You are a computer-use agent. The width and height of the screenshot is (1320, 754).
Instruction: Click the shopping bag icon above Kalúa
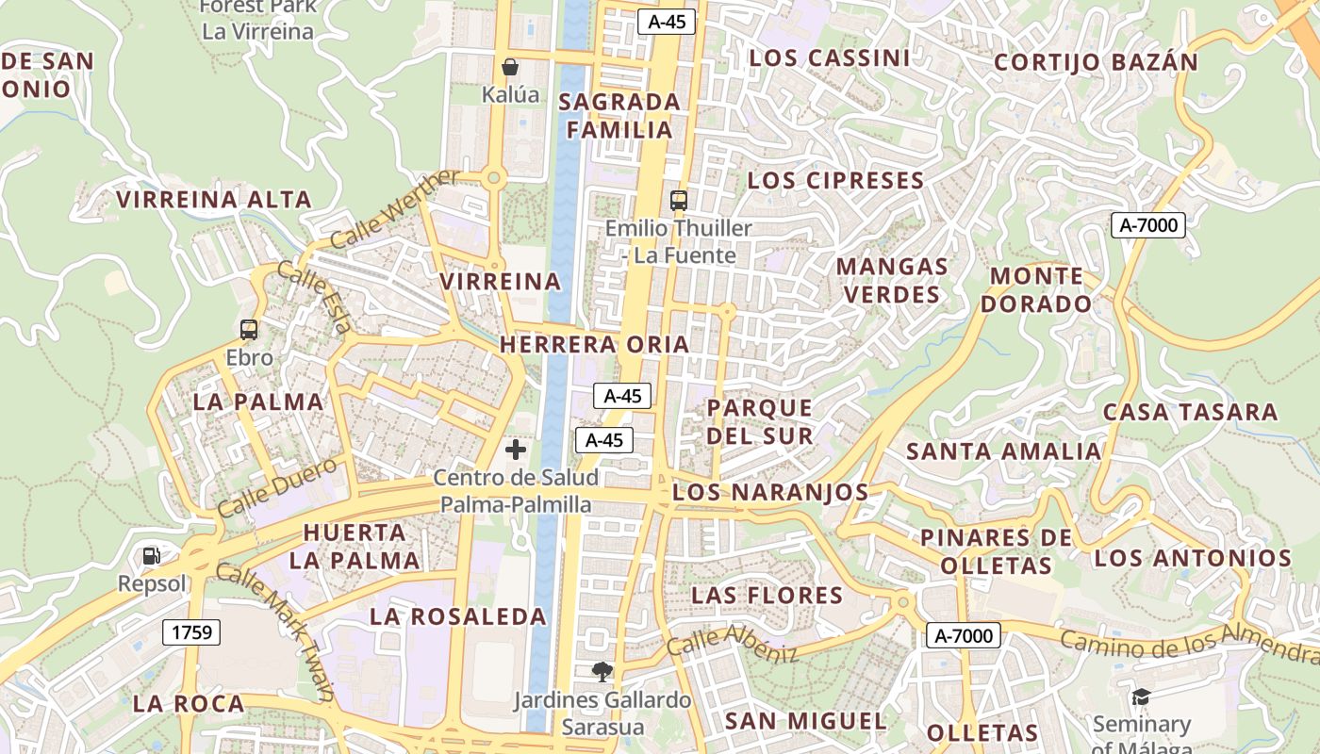click(x=510, y=67)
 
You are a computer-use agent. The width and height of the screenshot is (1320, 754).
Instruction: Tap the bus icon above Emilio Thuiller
click(x=678, y=200)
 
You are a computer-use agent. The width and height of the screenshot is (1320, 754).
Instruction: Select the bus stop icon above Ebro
click(x=249, y=330)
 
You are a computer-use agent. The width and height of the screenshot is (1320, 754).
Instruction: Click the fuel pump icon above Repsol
click(x=152, y=556)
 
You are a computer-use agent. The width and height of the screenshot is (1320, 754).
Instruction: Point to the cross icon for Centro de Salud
click(x=516, y=450)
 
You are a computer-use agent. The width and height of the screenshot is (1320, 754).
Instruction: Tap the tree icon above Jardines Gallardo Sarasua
click(x=602, y=672)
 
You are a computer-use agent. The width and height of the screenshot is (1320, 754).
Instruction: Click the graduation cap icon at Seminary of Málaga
click(x=1141, y=697)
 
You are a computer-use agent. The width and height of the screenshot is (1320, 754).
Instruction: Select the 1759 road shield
click(x=191, y=632)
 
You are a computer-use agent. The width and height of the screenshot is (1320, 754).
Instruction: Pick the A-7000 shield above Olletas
click(x=963, y=636)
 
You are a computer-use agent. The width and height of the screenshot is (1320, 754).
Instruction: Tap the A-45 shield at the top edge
click(x=667, y=22)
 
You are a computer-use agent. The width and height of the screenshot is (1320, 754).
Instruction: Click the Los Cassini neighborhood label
click(x=830, y=58)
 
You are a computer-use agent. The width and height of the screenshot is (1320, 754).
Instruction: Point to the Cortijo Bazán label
click(x=1096, y=63)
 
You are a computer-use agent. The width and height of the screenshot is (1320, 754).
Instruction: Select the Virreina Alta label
click(x=214, y=200)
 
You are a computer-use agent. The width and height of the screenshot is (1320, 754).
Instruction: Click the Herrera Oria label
click(x=594, y=345)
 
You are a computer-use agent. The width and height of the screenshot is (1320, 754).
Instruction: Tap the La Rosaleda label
click(x=458, y=617)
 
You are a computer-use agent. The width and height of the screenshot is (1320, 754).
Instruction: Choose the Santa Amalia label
click(x=1003, y=451)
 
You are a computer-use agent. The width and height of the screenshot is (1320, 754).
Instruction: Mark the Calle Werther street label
click(x=395, y=209)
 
